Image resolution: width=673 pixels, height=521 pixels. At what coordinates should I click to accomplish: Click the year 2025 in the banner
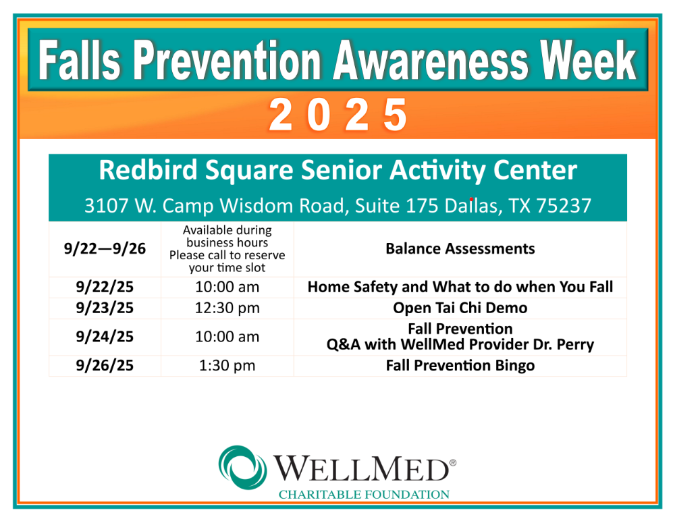[x=338, y=115]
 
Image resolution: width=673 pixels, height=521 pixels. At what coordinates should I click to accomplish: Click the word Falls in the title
[x=80, y=60]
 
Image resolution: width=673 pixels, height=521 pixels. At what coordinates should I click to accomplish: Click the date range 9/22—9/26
[x=105, y=249]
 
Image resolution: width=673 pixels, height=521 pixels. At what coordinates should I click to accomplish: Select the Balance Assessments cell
[x=460, y=249]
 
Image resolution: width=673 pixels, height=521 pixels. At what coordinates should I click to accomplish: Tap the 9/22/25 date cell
[x=105, y=287]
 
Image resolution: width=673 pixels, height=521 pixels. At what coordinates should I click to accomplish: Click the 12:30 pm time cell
[x=227, y=308]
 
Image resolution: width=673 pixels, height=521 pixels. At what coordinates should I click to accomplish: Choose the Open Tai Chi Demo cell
[x=460, y=308]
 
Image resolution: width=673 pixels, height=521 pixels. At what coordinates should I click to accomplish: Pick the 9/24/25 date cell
[x=105, y=337]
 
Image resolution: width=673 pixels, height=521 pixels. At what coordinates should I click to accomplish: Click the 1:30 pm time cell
[x=227, y=366]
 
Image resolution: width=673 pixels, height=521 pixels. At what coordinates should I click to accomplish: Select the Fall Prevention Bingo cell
[x=460, y=366]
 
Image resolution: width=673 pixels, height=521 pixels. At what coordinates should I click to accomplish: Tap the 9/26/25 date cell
[x=105, y=366]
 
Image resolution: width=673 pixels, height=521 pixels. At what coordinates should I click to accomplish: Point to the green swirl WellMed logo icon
[x=242, y=468]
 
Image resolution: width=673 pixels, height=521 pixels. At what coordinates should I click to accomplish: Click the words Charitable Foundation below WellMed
[x=364, y=495]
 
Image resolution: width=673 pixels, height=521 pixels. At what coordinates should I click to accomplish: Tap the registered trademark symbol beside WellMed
[x=453, y=463]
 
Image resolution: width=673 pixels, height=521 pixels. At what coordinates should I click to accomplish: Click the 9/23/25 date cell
[x=105, y=308]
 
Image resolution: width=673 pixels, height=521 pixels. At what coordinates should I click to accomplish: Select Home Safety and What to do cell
[x=460, y=287]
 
